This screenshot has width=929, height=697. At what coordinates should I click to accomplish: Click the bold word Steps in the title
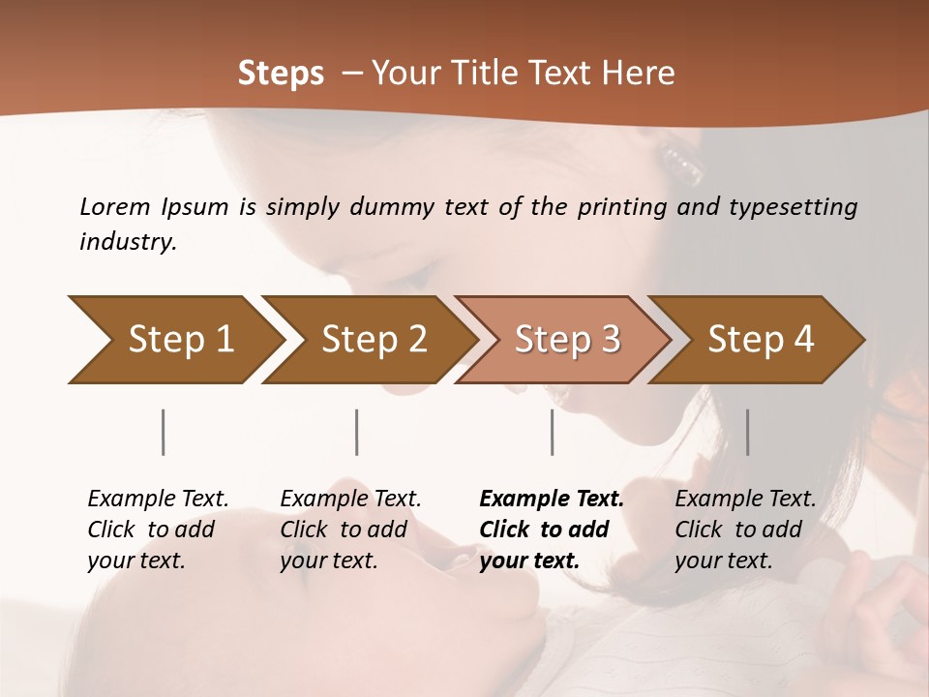(281, 74)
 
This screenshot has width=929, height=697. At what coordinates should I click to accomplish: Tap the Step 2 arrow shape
(368, 340)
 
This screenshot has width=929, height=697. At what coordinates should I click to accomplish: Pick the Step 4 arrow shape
(757, 340)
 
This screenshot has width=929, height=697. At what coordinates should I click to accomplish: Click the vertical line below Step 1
(164, 432)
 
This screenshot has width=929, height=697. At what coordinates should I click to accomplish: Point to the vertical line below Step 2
(357, 432)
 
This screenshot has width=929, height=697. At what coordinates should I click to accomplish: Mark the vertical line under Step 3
(552, 432)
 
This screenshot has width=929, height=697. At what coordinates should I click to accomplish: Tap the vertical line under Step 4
(747, 432)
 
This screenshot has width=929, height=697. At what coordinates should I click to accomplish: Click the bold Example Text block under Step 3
(552, 530)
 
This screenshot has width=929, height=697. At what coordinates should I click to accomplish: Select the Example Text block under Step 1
(158, 530)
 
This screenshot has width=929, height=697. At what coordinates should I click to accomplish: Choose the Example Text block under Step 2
(350, 530)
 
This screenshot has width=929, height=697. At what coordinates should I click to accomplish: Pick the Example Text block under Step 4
(745, 530)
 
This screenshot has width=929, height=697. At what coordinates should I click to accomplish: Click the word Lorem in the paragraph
(115, 207)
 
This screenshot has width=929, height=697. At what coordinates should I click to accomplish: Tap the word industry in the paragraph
(127, 242)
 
